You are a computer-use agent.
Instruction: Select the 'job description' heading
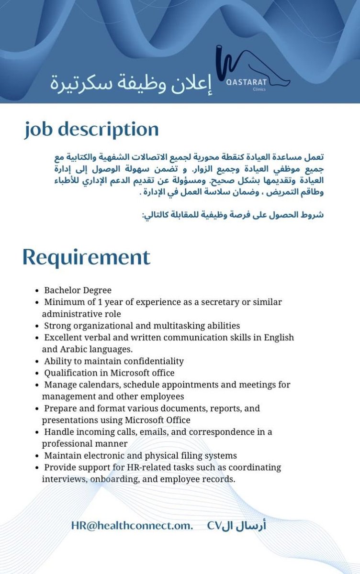[x=91, y=130]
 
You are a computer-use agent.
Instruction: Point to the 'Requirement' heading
[x=86, y=257]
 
